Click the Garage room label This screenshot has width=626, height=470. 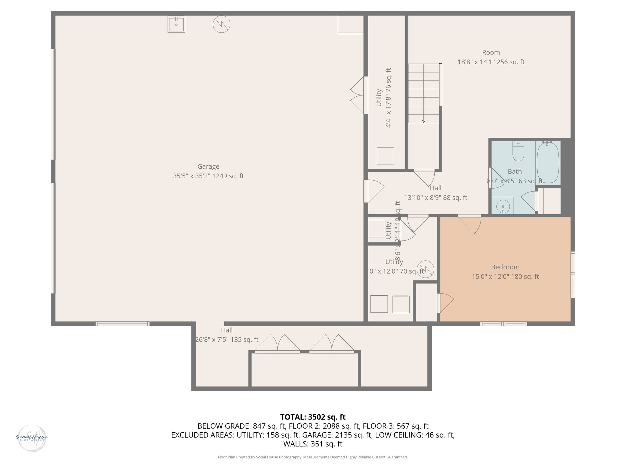click(208, 166)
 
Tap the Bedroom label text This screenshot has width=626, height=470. click(505, 267)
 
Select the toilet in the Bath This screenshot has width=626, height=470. click(518, 152)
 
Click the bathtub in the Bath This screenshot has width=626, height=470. click(548, 163)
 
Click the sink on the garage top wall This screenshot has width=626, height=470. click(176, 24)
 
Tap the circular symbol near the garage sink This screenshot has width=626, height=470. click(221, 24)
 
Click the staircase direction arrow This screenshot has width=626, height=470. click(424, 121)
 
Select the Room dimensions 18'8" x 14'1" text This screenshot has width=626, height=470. click(491, 62)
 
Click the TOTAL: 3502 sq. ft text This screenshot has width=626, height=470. click(313, 417)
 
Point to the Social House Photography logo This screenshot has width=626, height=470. click(31, 438)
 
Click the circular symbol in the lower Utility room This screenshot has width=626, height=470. click(425, 269)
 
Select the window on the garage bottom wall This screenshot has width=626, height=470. click(122, 324)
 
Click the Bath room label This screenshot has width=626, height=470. click(515, 171)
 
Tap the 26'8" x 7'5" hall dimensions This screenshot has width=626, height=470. click(227, 340)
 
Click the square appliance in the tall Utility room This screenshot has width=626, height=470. click(385, 156)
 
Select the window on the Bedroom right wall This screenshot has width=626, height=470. click(573, 274)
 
